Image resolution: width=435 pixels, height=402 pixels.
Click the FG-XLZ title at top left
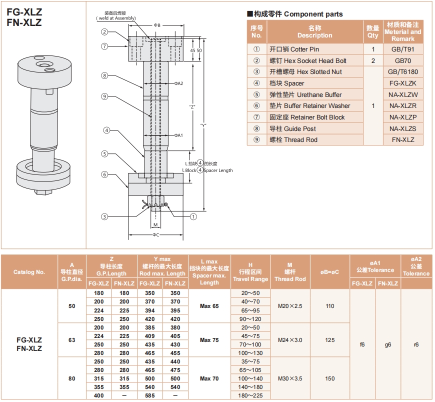24,12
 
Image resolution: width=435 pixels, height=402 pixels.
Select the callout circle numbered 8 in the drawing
104,75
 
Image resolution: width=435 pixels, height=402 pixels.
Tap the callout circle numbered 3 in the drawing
104,216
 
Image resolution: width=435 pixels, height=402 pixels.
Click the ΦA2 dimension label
178,83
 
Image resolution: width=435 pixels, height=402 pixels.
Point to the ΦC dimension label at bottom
155,235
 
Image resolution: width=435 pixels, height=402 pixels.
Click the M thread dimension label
155,224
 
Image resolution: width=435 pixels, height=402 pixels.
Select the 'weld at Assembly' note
116,18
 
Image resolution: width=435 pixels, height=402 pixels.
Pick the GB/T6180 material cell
403,72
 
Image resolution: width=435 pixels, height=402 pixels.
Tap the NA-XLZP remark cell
403,117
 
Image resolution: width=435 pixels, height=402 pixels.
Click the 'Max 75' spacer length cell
209,340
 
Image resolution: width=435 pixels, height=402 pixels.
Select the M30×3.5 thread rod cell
290,378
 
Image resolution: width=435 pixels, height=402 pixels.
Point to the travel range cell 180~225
250,395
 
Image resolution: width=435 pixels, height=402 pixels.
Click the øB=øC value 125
329,340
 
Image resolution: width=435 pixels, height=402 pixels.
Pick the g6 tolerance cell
388,344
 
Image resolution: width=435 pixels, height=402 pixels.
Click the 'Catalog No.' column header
29,272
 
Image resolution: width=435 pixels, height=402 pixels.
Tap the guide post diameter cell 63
72,340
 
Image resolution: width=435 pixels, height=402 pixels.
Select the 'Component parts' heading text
313,14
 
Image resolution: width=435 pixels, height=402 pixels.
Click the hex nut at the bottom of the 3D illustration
43,191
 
